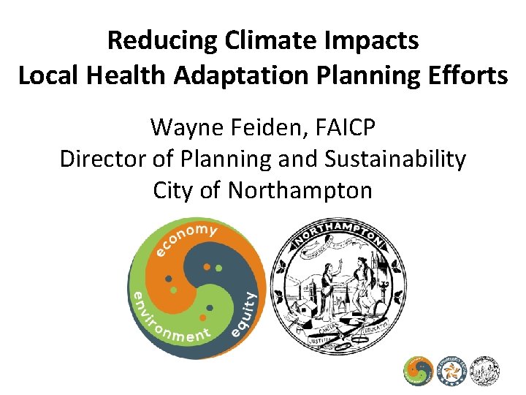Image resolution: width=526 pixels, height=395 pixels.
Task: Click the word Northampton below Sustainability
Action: (x=300, y=190)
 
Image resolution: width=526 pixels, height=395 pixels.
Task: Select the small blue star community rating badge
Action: (x=451, y=371)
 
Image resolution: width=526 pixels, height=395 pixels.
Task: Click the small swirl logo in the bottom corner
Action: (x=419, y=371)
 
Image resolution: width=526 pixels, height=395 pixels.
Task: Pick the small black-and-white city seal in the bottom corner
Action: (x=485, y=371)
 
